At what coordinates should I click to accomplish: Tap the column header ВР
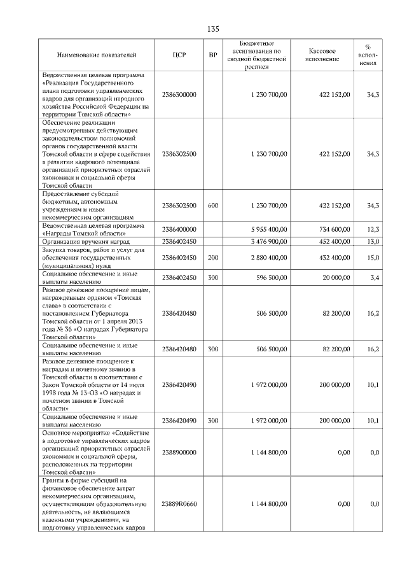213,55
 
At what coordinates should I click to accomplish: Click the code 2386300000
179,94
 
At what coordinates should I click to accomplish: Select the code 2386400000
179,229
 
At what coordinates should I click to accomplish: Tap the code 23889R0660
179,503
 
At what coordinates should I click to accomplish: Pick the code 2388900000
179,452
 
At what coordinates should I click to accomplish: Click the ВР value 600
213,206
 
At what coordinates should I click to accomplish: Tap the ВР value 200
213,257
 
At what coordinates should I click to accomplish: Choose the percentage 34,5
373,206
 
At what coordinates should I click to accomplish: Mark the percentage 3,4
375,277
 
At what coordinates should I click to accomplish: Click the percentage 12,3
373,229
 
